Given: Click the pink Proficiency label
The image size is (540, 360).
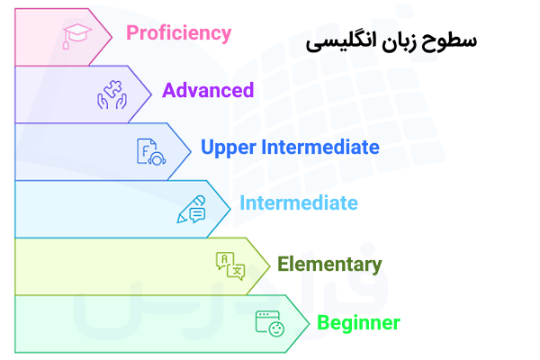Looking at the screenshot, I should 179,33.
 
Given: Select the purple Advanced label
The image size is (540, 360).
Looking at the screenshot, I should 208,90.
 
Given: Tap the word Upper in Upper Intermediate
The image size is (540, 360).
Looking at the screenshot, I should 226,148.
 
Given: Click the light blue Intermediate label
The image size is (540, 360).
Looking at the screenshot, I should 298,203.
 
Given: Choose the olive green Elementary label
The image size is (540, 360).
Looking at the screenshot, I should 329,265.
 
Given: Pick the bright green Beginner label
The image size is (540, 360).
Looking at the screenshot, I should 358,322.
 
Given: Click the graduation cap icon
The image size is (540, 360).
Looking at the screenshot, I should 76,35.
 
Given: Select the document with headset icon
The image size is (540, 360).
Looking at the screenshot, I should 151,151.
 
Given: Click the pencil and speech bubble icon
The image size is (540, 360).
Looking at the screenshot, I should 192,208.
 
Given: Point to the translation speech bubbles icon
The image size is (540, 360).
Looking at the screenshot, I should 230,265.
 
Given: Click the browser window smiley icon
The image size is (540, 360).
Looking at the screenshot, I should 269,323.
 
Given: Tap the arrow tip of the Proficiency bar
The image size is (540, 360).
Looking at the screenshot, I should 110,35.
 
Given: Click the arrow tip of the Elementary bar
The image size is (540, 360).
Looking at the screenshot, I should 268,265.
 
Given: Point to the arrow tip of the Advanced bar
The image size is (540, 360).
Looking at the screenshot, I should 149,93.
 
